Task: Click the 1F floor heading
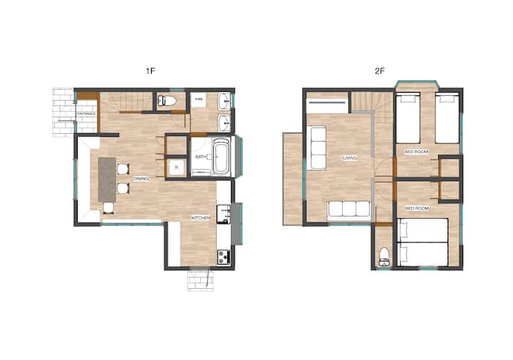(150, 71)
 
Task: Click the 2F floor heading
(380, 71)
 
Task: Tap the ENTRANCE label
(87, 113)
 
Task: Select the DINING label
(140, 179)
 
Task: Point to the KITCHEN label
(200, 217)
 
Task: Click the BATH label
(200, 157)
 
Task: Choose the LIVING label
(350, 158)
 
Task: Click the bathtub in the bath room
(221, 157)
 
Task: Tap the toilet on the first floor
(167, 101)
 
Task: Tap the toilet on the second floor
(384, 257)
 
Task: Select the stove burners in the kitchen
(223, 257)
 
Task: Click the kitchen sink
(224, 214)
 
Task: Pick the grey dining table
(107, 180)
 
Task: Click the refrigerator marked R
(177, 168)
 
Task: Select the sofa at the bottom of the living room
(348, 209)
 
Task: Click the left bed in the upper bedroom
(408, 118)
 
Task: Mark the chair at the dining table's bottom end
(108, 208)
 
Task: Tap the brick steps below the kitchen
(200, 279)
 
